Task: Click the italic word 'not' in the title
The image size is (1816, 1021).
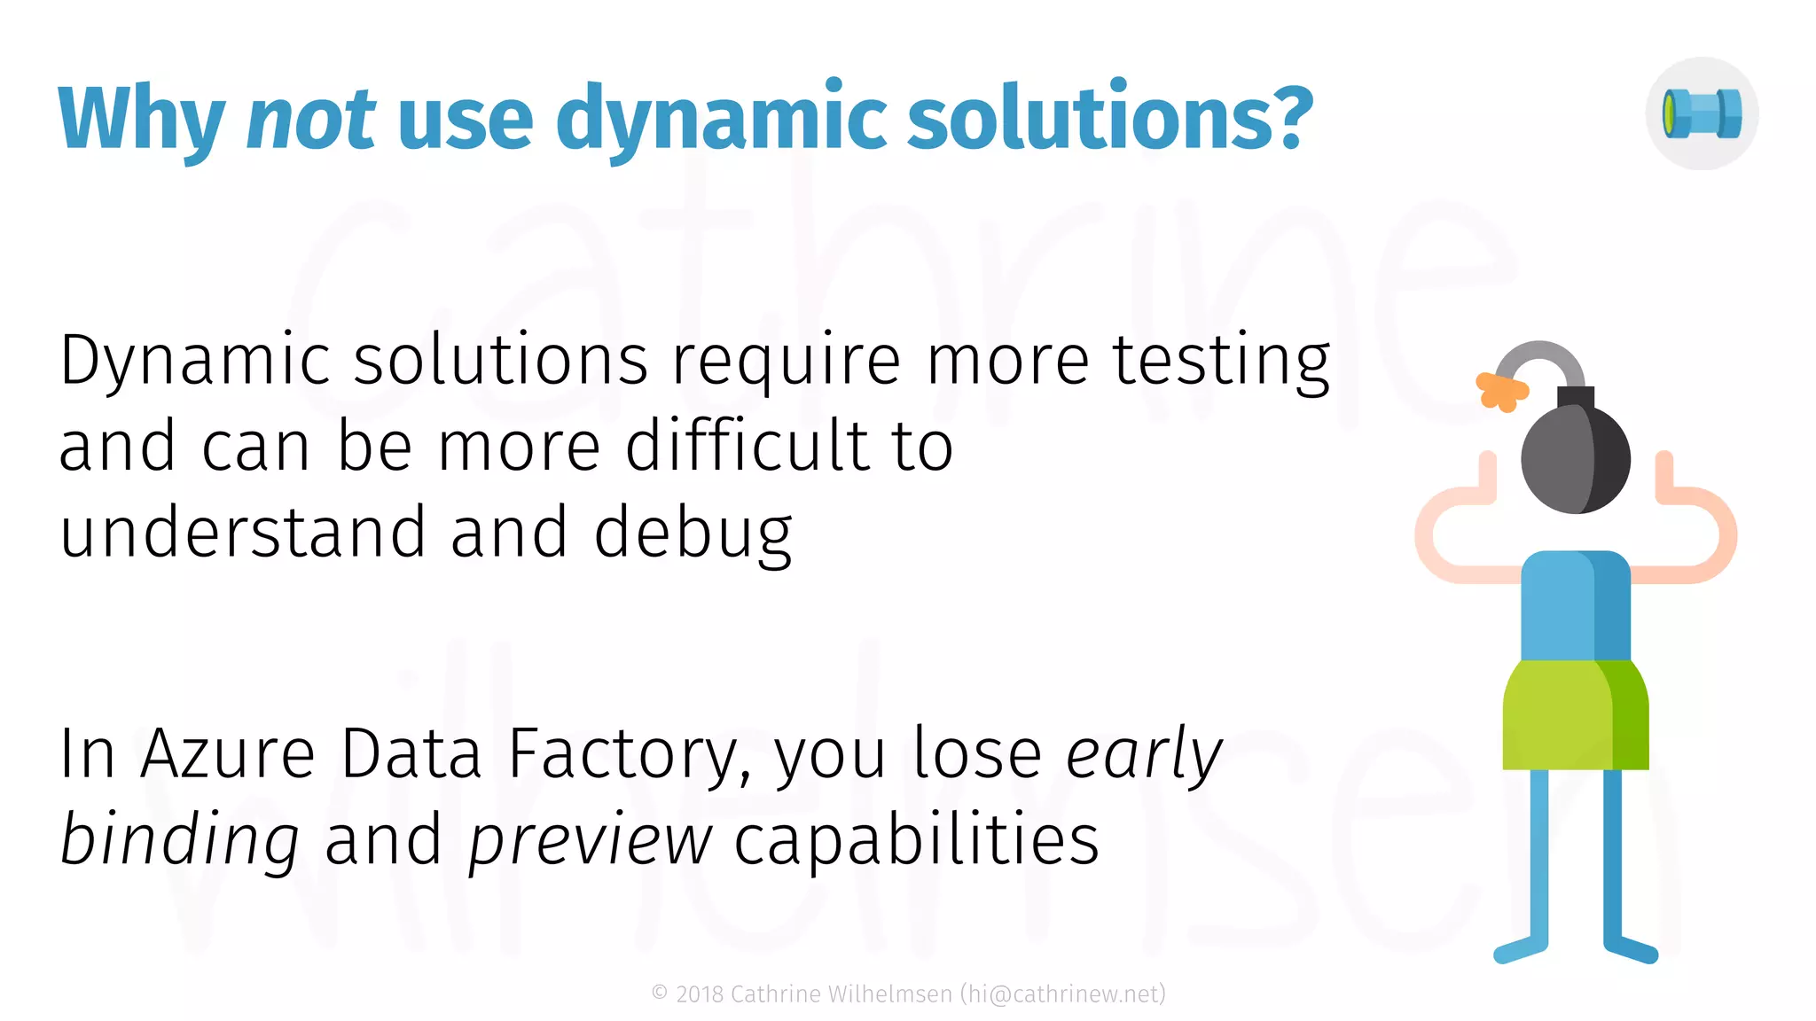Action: tap(310, 119)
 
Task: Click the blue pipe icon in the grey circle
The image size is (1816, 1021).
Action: tap(1702, 113)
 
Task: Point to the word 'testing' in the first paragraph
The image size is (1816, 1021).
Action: tap(1222, 362)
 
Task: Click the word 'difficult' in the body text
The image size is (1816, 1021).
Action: tap(747, 446)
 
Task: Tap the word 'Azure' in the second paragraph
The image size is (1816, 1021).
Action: tap(228, 754)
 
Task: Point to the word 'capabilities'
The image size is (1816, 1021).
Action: tap(916, 839)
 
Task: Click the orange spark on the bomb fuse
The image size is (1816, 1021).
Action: tap(1500, 391)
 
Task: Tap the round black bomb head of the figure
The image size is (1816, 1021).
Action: tap(1575, 459)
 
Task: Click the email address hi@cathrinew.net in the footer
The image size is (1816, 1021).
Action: tap(1062, 994)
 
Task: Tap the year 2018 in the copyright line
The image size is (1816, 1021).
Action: tap(700, 994)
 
